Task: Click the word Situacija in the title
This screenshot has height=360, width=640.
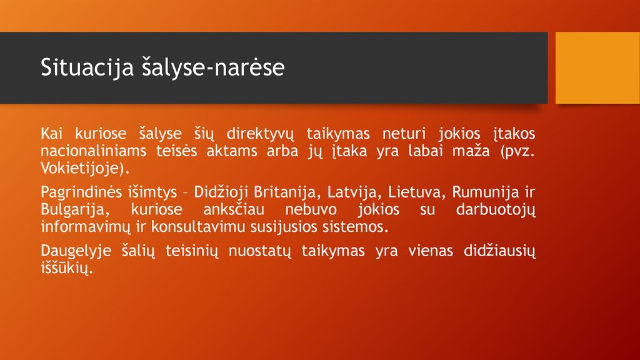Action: tap(87, 67)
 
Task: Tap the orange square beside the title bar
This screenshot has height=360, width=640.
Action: tap(597, 67)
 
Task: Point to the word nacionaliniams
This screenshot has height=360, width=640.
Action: tap(94, 151)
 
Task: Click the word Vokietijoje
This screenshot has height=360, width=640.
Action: tap(82, 169)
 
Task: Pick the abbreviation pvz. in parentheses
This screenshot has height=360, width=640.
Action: tap(517, 151)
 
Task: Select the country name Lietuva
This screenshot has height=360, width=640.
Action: tap(416, 192)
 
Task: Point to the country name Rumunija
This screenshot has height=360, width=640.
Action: tap(485, 192)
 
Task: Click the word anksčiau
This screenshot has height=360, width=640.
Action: tap(234, 209)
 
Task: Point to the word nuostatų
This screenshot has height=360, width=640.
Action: tap(259, 251)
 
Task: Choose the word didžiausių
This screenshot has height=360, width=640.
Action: tap(499, 251)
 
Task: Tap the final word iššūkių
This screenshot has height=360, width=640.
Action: tap(67, 268)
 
